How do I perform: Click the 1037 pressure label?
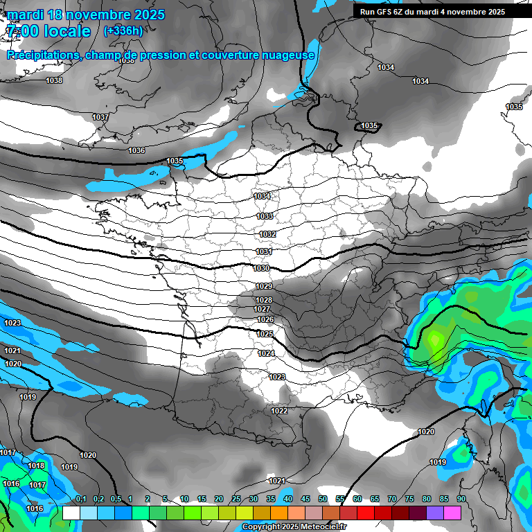[100, 117]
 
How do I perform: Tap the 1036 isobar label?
[136, 150]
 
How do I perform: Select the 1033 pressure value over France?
[265, 216]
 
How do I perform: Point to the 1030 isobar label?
[261, 268]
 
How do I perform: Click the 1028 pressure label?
[264, 300]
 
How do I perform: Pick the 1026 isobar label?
[265, 319]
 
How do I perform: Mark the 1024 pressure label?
[266, 353]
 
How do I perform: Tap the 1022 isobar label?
[279, 411]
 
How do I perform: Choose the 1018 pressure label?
[36, 465]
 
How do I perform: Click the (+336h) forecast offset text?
[123, 30]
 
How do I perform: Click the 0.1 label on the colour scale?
[80, 499]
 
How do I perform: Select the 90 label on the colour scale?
[461, 499]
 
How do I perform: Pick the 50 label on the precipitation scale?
[323, 499]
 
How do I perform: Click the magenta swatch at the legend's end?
[452, 513]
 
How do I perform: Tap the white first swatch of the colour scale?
[71, 513]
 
